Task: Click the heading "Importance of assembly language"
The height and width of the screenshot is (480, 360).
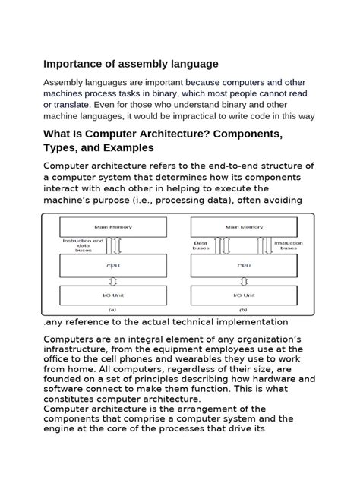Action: [x=130, y=63]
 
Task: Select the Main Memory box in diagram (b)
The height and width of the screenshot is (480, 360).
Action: [x=243, y=226]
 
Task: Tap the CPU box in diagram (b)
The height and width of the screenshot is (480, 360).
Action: [x=243, y=266]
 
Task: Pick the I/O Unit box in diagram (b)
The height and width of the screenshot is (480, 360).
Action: [x=243, y=295]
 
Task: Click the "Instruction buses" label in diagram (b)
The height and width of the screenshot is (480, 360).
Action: [x=289, y=245]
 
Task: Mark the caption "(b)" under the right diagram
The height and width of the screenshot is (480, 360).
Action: [x=243, y=309]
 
